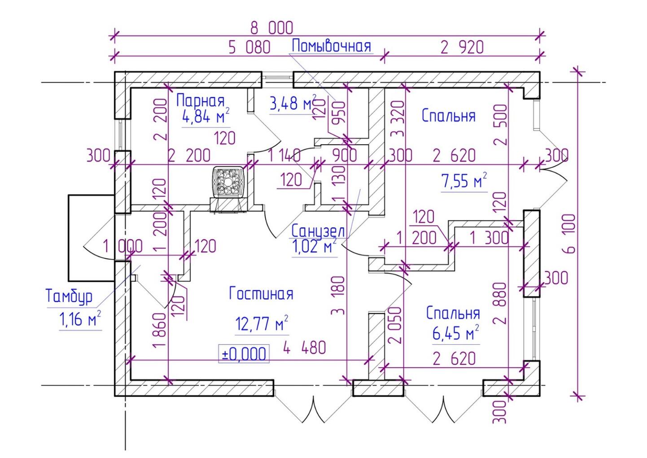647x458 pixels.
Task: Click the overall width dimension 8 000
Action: pos(271,28)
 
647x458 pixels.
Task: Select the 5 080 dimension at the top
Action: pos(249,47)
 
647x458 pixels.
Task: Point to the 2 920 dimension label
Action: pos(462,47)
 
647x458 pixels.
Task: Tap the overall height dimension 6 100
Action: pos(571,233)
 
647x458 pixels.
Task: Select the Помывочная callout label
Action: pos(332,46)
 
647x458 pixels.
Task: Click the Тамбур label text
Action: pos(69,297)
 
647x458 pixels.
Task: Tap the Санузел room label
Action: pos(318,231)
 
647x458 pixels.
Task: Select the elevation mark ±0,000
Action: pos(244,354)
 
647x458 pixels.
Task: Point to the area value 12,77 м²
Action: pos(261,324)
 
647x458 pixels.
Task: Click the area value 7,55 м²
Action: pos(464,181)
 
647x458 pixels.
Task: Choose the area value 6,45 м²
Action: pos(455,334)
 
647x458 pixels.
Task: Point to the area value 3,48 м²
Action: pos(293,104)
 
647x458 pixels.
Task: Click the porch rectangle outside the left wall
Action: pos(90,238)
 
